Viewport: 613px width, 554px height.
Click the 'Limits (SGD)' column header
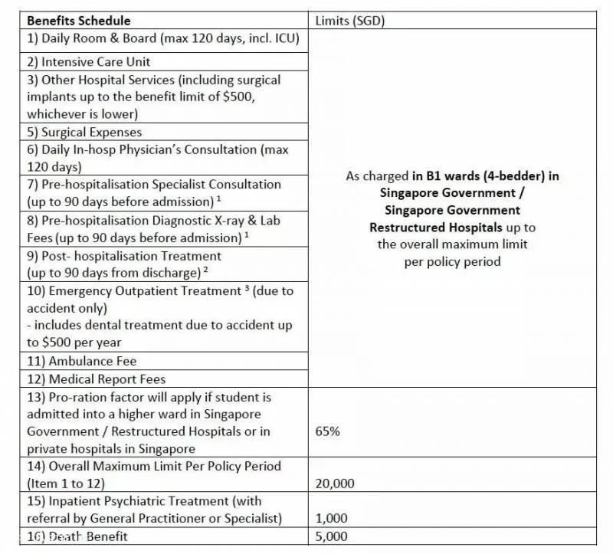[350, 21]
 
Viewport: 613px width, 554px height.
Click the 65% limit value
[327, 431]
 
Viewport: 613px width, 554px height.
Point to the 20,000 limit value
[335, 484]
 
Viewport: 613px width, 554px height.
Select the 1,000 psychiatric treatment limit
[331, 519]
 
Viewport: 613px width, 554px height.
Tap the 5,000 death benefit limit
[331, 536]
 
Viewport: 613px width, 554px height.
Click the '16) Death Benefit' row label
[77, 536]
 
